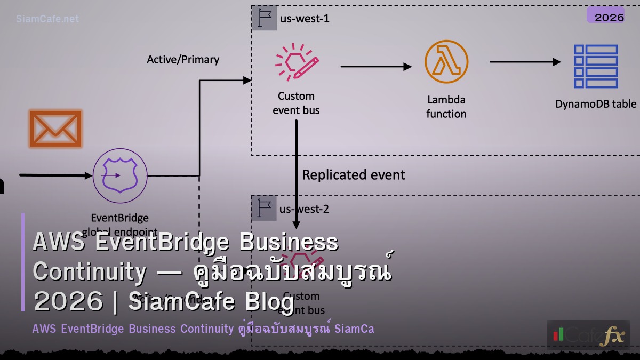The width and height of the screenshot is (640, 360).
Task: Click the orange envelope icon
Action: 55,129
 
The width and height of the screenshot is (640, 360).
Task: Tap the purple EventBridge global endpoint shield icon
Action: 120,175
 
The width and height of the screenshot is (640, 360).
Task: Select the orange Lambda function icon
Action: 446,62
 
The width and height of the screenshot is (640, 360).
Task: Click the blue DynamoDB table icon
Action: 596,66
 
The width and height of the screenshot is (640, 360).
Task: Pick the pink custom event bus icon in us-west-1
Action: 297,62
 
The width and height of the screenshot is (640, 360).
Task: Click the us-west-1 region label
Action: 305,19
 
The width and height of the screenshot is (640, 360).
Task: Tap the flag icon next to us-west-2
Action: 265,208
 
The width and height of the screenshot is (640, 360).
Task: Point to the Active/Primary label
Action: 183,59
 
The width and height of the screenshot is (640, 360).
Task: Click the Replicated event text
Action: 354,175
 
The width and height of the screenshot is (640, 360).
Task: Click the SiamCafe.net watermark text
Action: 47,19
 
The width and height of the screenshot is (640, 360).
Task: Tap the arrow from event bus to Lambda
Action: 376,67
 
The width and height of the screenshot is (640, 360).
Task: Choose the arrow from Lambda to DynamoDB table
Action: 525,62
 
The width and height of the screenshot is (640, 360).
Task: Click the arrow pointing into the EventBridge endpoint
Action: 56,175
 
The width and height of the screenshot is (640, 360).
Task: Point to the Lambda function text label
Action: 446,107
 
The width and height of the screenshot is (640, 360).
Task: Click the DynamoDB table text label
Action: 596,104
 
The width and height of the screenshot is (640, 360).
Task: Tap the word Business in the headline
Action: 289,243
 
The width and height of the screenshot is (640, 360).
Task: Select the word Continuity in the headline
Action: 89,272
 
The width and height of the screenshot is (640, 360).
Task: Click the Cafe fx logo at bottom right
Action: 589,335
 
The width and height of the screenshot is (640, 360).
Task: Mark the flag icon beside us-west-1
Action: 265,18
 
